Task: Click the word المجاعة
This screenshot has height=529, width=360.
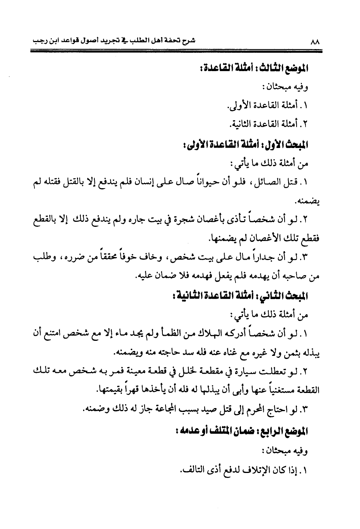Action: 149,410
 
